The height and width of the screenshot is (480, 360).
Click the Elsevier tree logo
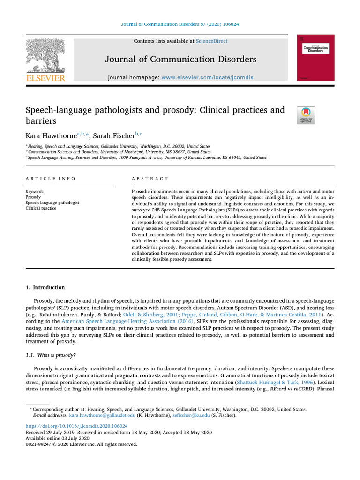pyautogui.click(x=45, y=55)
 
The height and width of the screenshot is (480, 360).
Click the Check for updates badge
pyautogui.click(x=306, y=115)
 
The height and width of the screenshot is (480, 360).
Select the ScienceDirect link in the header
pyautogui.click(x=212, y=41)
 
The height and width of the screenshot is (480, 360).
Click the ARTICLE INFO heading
pyautogui.click(x=50, y=179)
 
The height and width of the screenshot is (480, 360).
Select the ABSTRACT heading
pyautogui.click(x=150, y=179)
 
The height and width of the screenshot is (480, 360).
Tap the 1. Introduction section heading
pyautogui.click(x=45, y=287)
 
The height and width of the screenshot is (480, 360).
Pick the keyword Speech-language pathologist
pyautogui.click(x=52, y=202)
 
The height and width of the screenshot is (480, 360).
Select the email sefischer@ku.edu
pyautogui.click(x=183, y=415)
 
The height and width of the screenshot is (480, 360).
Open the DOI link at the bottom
pyautogui.click(x=76, y=426)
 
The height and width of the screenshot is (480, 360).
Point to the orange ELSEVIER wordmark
pyautogui.click(x=45, y=78)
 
